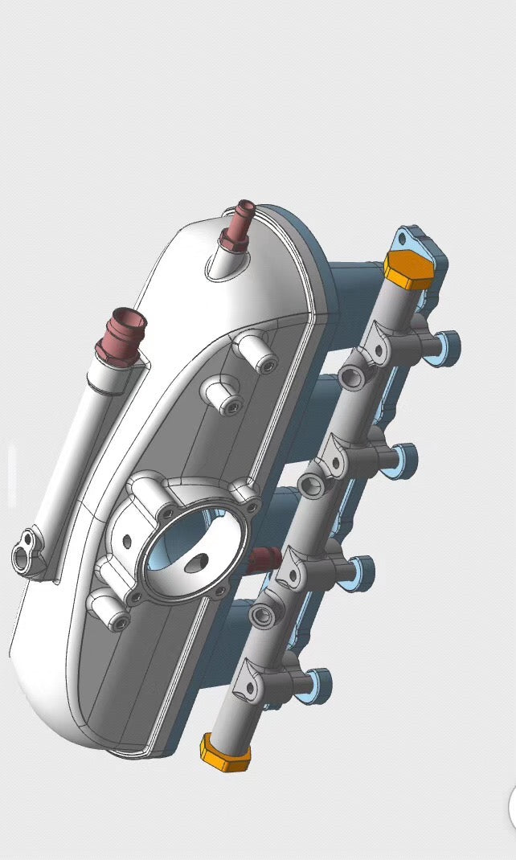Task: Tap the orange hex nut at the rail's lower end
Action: (x=224, y=751)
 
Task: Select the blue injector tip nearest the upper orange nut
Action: (x=448, y=347)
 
